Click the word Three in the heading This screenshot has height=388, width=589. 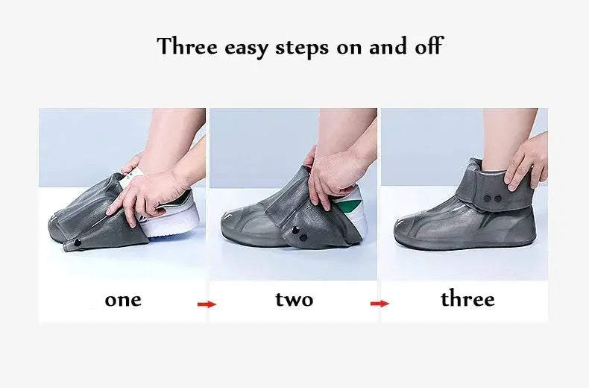pos(187,46)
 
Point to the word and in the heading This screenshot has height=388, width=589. pos(388,46)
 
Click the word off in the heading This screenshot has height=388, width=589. pos(429,46)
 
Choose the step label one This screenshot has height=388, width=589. pos(123,300)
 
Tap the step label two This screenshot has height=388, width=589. pos(294,299)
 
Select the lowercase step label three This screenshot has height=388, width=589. pos(467,298)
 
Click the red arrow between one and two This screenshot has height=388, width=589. pos(207,304)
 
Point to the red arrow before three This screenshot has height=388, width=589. pos(379,304)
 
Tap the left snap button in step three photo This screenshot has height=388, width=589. pos(487,198)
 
